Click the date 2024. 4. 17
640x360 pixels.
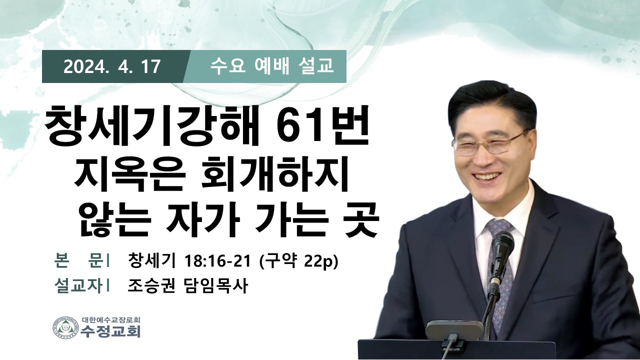(111, 67)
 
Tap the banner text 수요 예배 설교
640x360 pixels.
(271, 66)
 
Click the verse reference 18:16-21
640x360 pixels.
(217, 261)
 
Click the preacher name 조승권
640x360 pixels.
(151, 285)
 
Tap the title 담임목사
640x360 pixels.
(214, 285)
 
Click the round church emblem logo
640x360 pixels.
(66, 329)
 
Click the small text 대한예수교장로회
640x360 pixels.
(110, 319)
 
